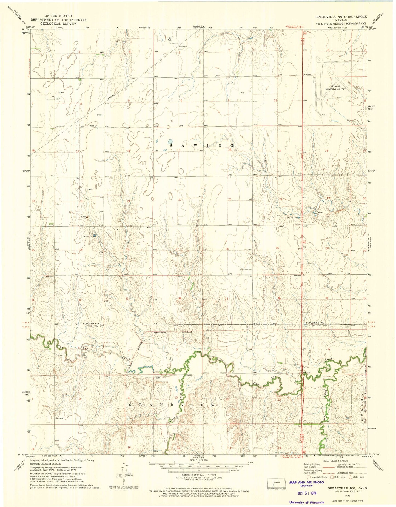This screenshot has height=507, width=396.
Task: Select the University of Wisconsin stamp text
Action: (x=307, y=502)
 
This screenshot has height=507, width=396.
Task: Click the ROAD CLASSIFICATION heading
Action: (x=334, y=460)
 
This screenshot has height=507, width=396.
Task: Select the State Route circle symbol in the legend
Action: (x=351, y=477)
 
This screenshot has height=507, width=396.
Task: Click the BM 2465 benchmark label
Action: (x=308, y=75)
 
